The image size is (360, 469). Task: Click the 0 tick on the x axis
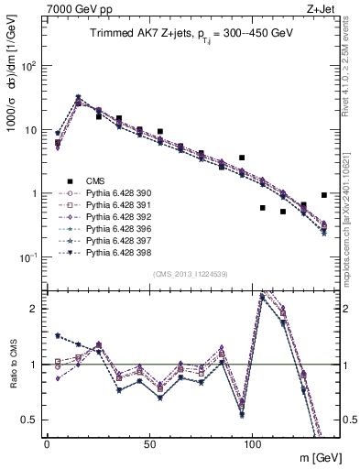(47, 442)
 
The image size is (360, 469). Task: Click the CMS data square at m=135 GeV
(324, 195)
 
